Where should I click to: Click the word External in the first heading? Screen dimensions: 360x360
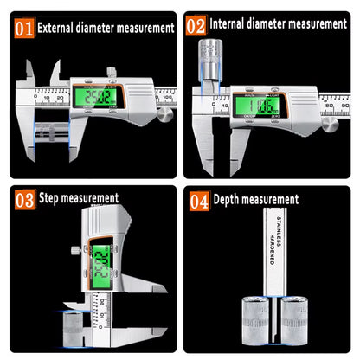[62, 28]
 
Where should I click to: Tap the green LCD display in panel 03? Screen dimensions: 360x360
[101, 257]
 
